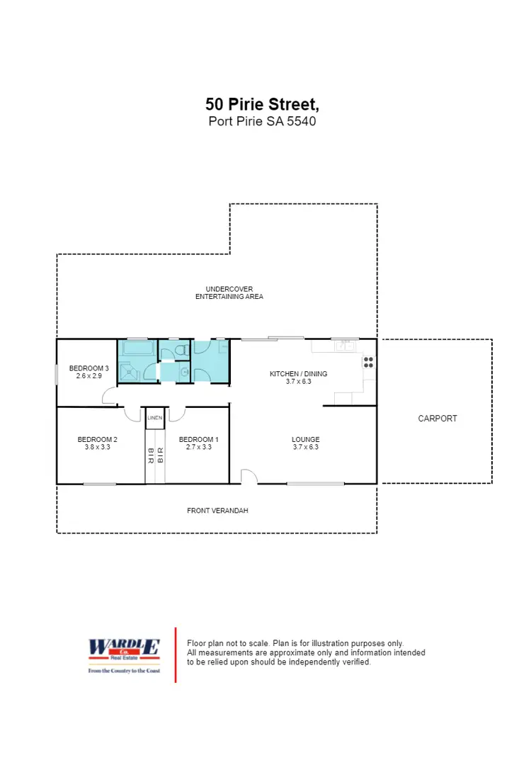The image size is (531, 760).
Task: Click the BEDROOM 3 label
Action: pos(88,368)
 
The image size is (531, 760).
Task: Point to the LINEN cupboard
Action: pos(155,419)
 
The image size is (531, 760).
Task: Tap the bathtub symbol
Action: pos(139,348)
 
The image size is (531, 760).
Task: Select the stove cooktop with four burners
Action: pos(369,362)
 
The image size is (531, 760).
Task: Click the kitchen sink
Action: pos(346,346)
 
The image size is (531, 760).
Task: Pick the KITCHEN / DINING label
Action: pos(299,374)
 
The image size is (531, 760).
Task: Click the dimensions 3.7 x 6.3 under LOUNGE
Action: pos(306,448)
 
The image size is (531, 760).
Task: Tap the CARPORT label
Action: pos(438,419)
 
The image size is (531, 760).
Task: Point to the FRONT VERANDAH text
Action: pos(217,511)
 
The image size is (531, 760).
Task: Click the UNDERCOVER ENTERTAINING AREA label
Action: pos(229,293)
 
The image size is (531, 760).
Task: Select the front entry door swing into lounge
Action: pos(249,477)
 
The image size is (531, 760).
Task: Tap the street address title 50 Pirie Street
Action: pos(263,104)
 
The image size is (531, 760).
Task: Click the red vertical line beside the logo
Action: pos(176,654)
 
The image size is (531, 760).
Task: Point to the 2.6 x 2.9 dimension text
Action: pos(88,376)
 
